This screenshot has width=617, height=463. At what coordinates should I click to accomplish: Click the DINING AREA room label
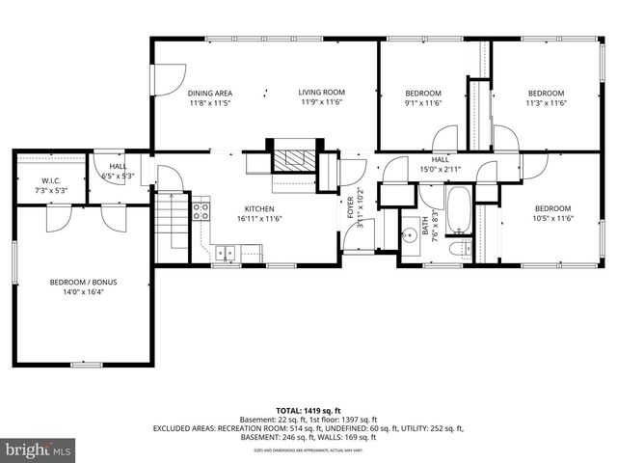pos(209,93)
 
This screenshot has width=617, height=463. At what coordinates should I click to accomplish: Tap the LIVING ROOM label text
pos(321,93)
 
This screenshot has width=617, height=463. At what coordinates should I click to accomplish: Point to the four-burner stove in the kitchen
pos(201,209)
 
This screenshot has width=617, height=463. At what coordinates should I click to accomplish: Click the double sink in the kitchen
pos(224,254)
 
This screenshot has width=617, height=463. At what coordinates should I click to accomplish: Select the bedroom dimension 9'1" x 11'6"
pos(422,102)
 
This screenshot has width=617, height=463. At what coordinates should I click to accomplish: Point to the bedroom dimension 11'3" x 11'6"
pos(545,102)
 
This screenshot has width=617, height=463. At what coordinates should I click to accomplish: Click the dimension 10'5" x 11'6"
pos(552,219)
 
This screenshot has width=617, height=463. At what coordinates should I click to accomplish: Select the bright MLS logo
pos(39,449)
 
